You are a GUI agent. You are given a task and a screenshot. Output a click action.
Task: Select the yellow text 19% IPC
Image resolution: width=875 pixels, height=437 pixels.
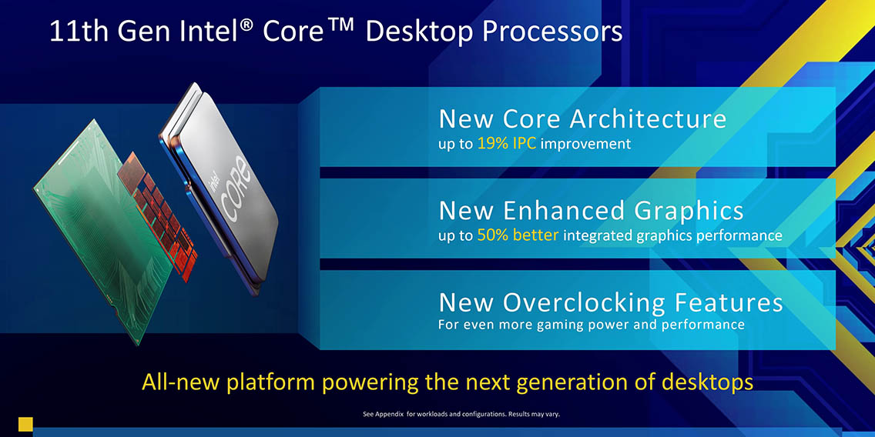pyautogui.click(x=507, y=144)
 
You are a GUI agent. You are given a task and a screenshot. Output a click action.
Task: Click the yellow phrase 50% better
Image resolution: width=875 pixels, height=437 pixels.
pyautogui.click(x=518, y=235)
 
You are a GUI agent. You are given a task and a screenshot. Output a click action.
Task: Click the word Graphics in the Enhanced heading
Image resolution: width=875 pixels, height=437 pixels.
pyautogui.click(x=688, y=212)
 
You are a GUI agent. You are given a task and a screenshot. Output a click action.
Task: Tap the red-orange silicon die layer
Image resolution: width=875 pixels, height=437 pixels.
pyautogui.click(x=159, y=215)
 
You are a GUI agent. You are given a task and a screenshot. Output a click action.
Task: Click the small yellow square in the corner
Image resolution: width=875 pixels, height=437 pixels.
pyautogui.click(x=25, y=424)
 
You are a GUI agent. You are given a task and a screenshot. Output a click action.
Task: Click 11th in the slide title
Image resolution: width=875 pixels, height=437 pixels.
pyautogui.click(x=70, y=32)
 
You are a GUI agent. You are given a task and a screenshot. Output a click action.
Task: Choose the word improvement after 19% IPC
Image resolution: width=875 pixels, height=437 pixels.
pyautogui.click(x=585, y=145)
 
